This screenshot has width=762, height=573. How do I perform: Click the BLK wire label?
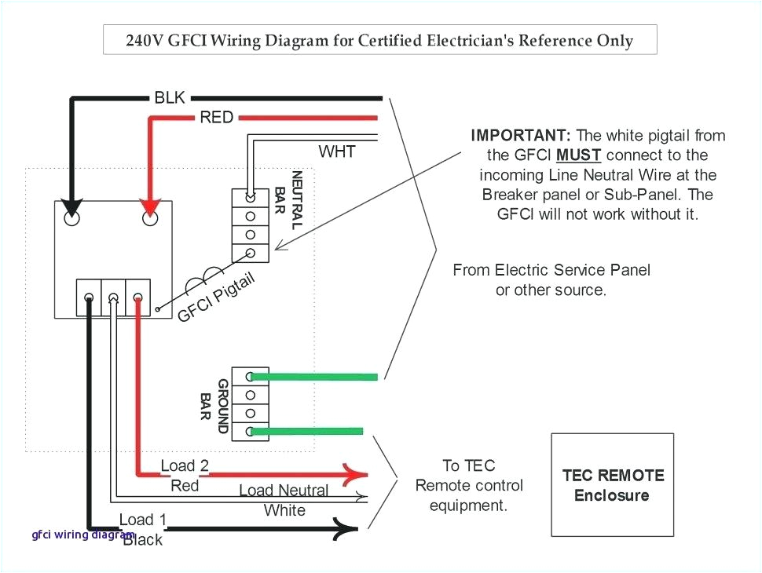(x=170, y=98)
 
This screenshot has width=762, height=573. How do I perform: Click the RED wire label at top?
(x=216, y=118)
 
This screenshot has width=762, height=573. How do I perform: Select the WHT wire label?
(x=336, y=151)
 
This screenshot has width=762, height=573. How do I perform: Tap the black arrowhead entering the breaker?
(x=71, y=209)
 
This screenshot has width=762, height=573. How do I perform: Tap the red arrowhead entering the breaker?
(x=149, y=209)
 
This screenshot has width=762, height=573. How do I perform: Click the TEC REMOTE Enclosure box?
(x=612, y=484)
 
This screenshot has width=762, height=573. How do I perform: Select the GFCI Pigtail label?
(x=216, y=297)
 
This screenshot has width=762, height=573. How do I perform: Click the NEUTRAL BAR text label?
(x=288, y=200)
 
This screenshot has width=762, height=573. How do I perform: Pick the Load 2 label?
(x=185, y=466)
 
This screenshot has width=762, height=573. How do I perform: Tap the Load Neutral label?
(x=284, y=491)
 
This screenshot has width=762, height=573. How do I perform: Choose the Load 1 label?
(x=142, y=520)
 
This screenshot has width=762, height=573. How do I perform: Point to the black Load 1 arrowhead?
(x=347, y=529)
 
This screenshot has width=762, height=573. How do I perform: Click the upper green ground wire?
(x=322, y=377)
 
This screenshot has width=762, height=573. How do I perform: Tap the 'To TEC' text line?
(x=468, y=465)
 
